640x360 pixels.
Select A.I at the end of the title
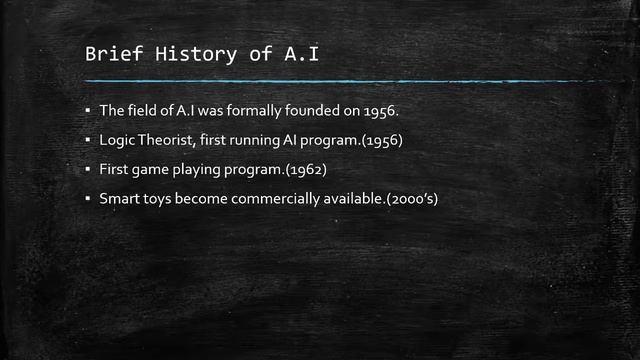(x=300, y=54)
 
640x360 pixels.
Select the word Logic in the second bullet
(x=116, y=140)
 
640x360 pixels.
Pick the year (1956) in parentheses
(x=386, y=140)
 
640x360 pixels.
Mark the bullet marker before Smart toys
(x=88, y=200)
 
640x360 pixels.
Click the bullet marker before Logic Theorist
(x=88, y=140)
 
